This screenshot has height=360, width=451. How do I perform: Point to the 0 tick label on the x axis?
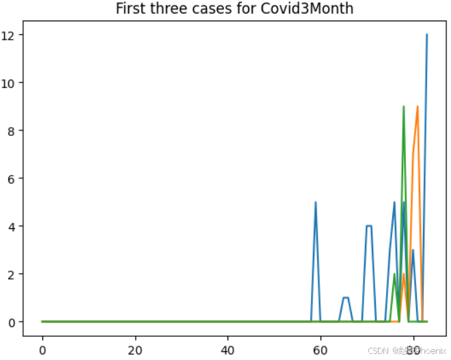point(42,348)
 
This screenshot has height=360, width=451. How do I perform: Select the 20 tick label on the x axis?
point(135,348)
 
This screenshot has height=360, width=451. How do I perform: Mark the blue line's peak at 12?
point(427,35)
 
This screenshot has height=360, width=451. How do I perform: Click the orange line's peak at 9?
point(418,107)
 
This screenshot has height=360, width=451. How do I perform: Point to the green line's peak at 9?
point(404,107)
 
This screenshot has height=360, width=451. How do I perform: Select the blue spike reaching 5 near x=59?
point(316,202)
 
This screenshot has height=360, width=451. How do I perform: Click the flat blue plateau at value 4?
point(369,226)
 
